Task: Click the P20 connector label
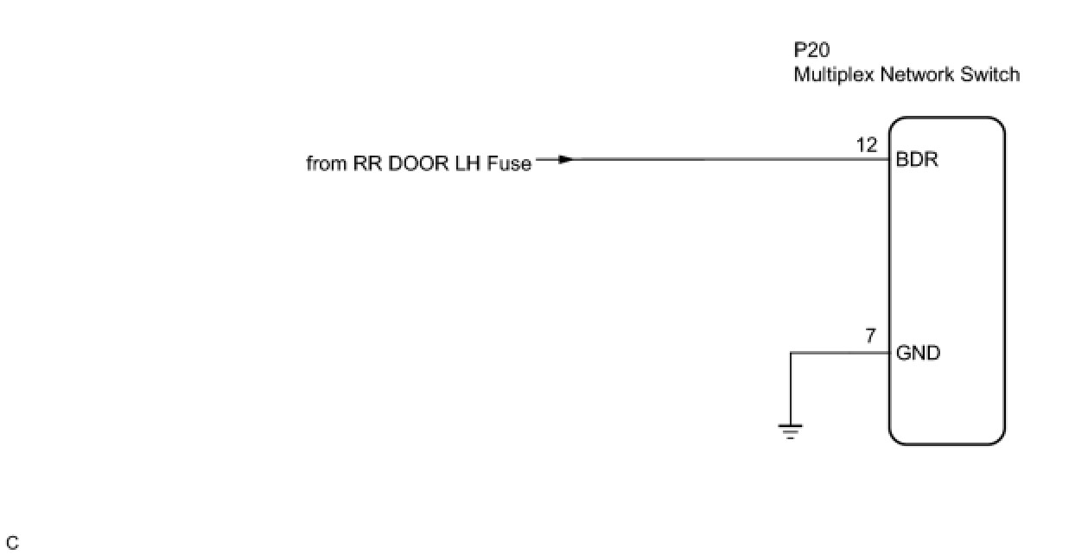(811, 50)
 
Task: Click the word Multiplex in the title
(834, 75)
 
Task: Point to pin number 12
(867, 145)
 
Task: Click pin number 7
(871, 336)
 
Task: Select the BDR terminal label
(918, 161)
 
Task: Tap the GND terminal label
(919, 354)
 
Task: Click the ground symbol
(790, 431)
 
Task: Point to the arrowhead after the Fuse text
(564, 159)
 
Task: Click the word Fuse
(510, 163)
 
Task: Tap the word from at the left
(326, 163)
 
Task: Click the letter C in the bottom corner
(12, 544)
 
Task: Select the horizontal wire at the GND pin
(838, 353)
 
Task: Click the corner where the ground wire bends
(790, 353)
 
